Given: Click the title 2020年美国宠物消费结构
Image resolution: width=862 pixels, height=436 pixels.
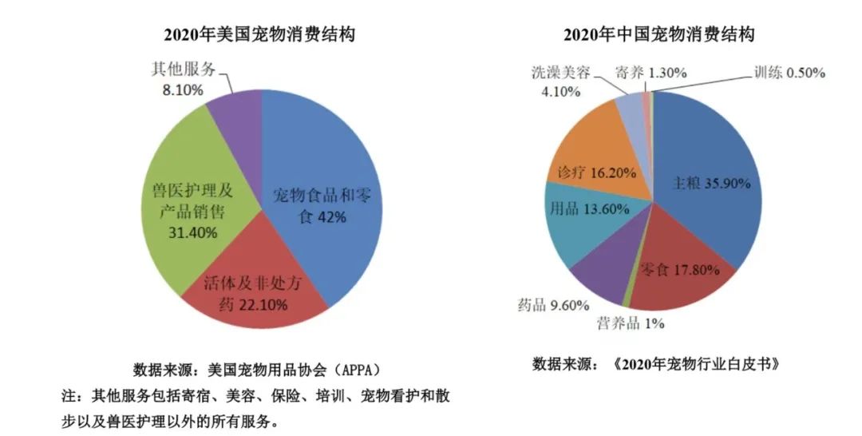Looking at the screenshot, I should tap(259, 35).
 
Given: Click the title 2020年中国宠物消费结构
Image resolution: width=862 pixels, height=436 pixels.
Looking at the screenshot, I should tap(659, 35).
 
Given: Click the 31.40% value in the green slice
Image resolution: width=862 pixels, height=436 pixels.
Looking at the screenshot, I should tap(189, 232).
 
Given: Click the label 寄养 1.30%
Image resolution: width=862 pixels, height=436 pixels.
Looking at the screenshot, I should tap(651, 72).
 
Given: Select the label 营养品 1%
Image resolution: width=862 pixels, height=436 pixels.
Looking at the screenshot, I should tap(631, 323).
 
